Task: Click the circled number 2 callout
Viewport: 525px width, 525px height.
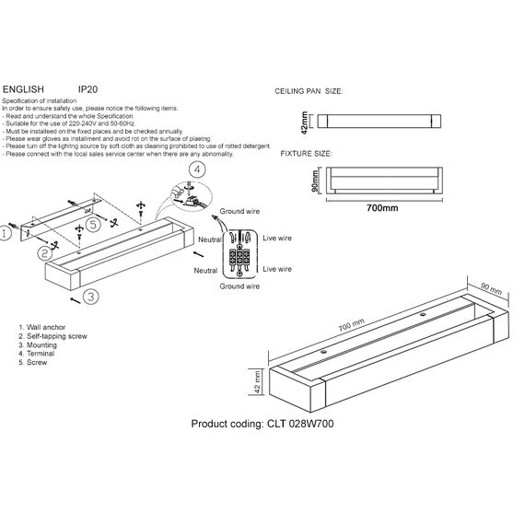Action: tap(43, 251)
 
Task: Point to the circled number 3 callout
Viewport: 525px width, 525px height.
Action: tap(90, 296)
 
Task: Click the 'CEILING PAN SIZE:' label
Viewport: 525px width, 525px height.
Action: tap(309, 94)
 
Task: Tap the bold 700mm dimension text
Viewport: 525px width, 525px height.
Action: tap(381, 208)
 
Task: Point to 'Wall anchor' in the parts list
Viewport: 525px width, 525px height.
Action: tap(45, 327)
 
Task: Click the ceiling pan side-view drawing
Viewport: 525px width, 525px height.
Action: tap(380, 122)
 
